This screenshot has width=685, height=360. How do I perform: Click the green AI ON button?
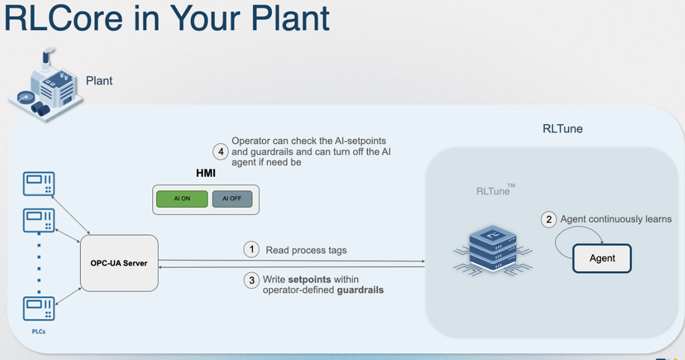182,199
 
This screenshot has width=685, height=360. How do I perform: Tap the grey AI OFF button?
232,199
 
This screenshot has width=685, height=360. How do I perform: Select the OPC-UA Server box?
119,263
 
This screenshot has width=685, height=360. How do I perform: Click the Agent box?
602,258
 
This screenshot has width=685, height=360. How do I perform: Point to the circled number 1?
251,250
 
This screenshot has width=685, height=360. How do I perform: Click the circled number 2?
549,220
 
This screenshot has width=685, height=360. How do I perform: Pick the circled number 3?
251,280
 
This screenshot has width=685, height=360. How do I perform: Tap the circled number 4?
221,152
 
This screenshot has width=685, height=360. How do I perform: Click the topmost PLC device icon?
39,184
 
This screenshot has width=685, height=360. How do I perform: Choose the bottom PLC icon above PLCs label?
39,309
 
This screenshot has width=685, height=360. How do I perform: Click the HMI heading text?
206,173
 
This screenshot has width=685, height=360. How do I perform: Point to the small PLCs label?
39,332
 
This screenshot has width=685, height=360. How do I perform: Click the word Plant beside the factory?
99,81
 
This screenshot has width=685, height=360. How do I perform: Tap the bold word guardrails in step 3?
360,290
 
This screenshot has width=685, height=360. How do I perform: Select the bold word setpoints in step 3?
309,280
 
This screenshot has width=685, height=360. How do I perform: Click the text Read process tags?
306,250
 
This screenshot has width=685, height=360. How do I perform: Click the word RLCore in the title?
64,18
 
